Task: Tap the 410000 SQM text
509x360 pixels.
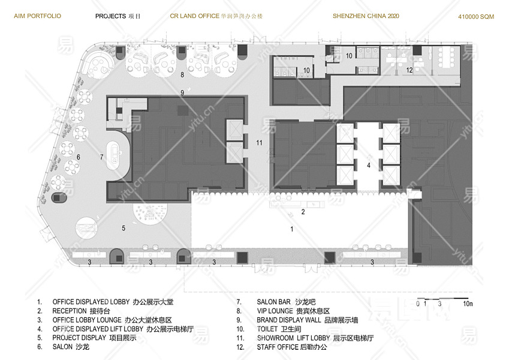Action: click(x=476, y=17)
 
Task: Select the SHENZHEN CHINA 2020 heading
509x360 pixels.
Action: click(x=366, y=16)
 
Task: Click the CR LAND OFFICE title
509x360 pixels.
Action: click(x=219, y=16)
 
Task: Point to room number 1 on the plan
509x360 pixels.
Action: click(x=292, y=229)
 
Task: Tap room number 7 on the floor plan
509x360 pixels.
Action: click(x=102, y=157)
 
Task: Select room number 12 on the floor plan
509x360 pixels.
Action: click(x=409, y=70)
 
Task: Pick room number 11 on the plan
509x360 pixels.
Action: click(x=259, y=143)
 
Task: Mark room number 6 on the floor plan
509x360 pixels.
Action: click(x=78, y=157)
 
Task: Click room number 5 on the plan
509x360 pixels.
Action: click(x=124, y=228)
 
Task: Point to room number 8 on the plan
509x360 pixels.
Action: click(x=182, y=74)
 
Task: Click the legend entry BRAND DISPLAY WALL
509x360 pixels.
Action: click(x=296, y=320)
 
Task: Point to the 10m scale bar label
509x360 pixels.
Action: click(x=468, y=304)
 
